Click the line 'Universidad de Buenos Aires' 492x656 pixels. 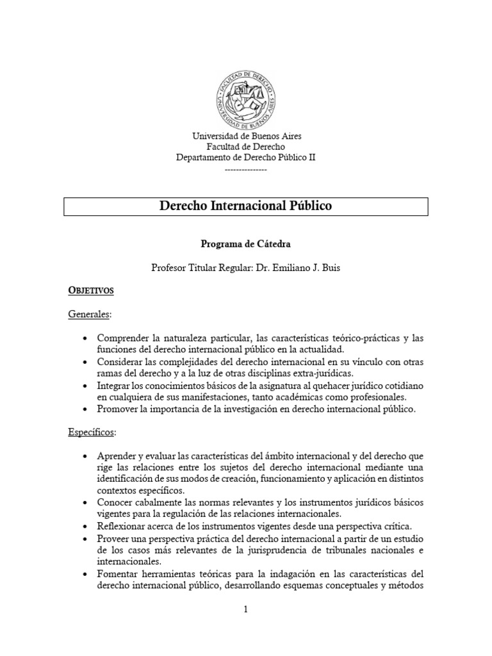pyautogui.click(x=246, y=136)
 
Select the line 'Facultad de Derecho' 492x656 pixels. pyautogui.click(x=246, y=147)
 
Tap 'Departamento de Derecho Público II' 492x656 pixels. pyautogui.click(x=246, y=157)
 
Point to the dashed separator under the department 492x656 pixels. pyautogui.click(x=246, y=168)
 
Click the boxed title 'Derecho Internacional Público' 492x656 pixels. pyautogui.click(x=246, y=207)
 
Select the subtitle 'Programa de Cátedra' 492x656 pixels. pyautogui.click(x=246, y=244)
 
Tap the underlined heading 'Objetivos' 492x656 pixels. pyautogui.click(x=91, y=291)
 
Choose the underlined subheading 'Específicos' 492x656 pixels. pyautogui.click(x=92, y=432)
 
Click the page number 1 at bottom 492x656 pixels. pyautogui.click(x=245, y=610)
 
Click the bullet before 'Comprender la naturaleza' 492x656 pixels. pyautogui.click(x=86, y=338)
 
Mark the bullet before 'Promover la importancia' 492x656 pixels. pyautogui.click(x=86, y=409)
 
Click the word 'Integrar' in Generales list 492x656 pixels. pyautogui.click(x=115, y=386)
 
